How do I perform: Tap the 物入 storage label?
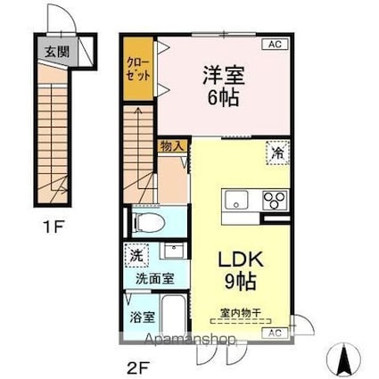click(172, 146)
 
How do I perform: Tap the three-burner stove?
click(274, 199)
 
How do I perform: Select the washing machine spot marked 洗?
click(136, 253)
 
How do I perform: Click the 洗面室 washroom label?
click(154, 277)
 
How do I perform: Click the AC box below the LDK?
click(275, 332)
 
